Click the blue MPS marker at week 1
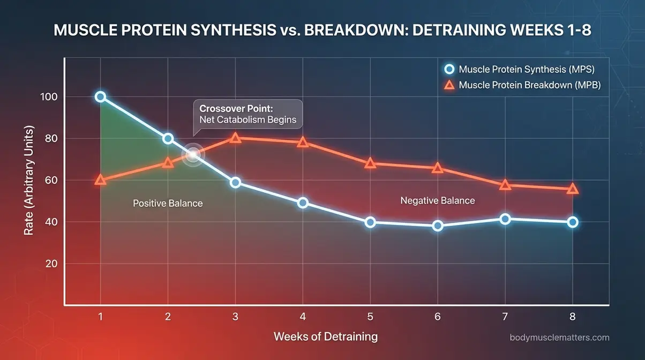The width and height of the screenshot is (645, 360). click(x=100, y=97)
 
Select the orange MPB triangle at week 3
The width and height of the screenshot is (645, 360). click(x=235, y=138)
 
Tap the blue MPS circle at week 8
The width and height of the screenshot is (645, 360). click(x=573, y=222)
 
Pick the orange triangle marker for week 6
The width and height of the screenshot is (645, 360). click(x=438, y=168)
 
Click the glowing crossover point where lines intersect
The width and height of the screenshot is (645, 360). click(x=193, y=154)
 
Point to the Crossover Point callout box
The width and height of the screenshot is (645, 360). click(x=247, y=113)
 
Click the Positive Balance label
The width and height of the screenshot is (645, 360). click(x=168, y=204)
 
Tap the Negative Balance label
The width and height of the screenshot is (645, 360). click(x=438, y=201)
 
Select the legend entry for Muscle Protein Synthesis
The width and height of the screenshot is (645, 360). click(x=520, y=69)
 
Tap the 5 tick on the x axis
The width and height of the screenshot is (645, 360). click(x=370, y=317)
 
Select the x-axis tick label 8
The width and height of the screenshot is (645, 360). click(x=573, y=317)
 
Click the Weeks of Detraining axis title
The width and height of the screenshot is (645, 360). click(x=326, y=337)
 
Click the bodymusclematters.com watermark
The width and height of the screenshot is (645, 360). click(x=560, y=337)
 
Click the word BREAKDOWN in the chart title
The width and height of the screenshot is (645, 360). click(x=347, y=30)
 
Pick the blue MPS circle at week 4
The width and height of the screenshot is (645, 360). click(x=303, y=203)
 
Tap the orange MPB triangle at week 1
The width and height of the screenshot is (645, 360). click(x=100, y=180)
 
